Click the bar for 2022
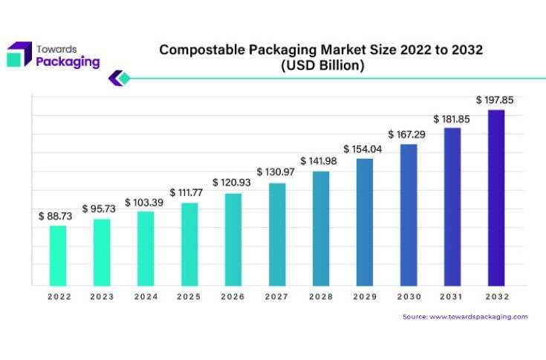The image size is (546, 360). (58, 255)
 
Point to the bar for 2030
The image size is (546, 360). (408, 215)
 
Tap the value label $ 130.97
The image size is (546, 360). (276, 172)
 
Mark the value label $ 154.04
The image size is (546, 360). (364, 148)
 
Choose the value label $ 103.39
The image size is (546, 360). (145, 202)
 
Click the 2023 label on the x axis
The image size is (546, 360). (102, 297)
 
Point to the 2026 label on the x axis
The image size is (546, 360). (233, 297)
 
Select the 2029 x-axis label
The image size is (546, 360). (364, 297)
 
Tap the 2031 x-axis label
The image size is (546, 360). (452, 297)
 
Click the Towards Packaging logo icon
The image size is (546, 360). (19, 54)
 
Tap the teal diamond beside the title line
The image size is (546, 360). (124, 77)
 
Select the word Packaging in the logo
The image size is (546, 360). (68, 62)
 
